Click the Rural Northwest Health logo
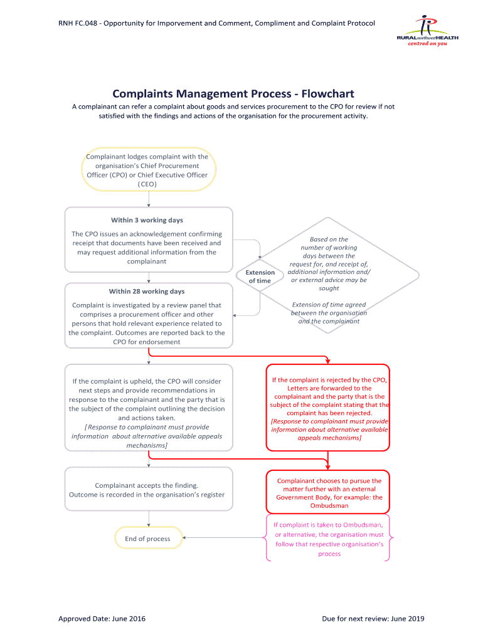click(x=427, y=34)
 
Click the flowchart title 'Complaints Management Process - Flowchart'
click(x=233, y=94)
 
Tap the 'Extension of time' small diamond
click(x=260, y=276)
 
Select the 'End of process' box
click(x=148, y=539)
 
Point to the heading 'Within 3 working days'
click(x=147, y=220)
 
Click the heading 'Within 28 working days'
click(x=147, y=292)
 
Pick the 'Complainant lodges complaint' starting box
click(x=148, y=171)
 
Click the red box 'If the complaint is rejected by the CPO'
click(x=329, y=408)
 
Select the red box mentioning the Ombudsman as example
click(x=329, y=493)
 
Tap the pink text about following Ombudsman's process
click(x=329, y=539)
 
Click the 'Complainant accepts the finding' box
click(x=148, y=490)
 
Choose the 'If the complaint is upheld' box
click(x=148, y=408)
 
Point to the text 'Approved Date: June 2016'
click(x=102, y=619)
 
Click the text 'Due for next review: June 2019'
click(x=373, y=619)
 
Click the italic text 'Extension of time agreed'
click(x=329, y=305)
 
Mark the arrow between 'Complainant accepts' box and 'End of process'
click(x=149, y=518)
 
